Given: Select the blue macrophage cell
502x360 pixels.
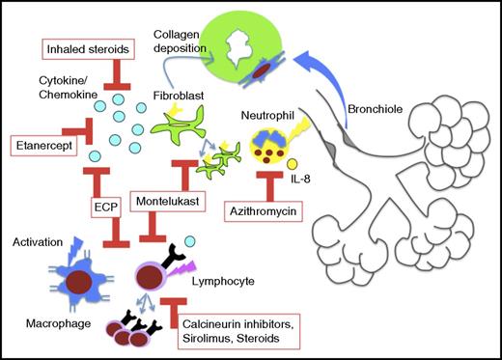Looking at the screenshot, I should coord(70,277).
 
